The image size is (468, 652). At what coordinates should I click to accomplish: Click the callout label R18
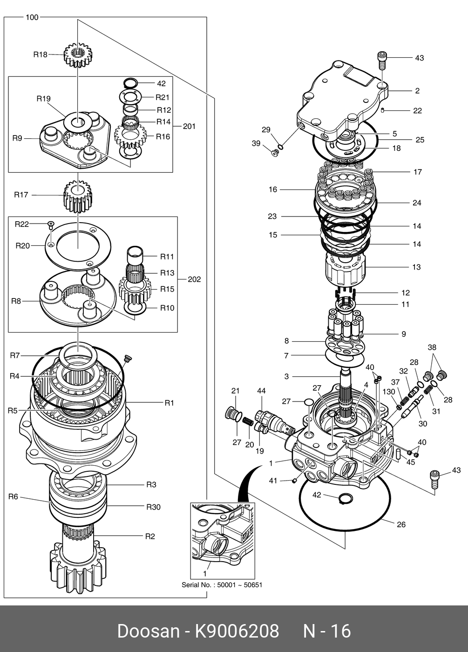[x=40, y=54]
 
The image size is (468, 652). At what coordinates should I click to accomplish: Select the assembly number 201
[x=189, y=126]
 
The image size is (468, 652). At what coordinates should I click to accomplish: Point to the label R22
[x=21, y=224]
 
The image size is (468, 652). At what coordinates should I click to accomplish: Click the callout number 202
[x=194, y=279]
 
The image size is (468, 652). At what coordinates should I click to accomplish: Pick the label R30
[x=153, y=507]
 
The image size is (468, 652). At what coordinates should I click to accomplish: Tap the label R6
[x=13, y=497]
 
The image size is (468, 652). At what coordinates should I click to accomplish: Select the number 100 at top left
[x=32, y=17]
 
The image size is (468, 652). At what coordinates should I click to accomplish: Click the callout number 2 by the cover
[x=417, y=91]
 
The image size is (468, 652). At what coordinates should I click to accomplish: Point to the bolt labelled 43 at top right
[x=381, y=60]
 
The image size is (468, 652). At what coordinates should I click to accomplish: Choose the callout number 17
[x=418, y=172]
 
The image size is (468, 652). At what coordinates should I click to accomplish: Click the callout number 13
[x=416, y=267]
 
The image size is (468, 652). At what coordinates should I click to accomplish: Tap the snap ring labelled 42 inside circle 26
[x=345, y=499]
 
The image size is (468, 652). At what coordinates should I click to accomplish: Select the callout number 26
[x=401, y=524]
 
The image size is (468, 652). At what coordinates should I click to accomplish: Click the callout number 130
[x=389, y=392]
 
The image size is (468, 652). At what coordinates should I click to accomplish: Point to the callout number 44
[x=261, y=391]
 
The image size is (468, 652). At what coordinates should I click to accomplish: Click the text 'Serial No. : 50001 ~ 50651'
[x=222, y=585]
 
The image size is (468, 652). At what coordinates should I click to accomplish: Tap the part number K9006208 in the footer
[x=237, y=631]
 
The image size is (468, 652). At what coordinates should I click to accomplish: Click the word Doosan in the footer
[x=148, y=631]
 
